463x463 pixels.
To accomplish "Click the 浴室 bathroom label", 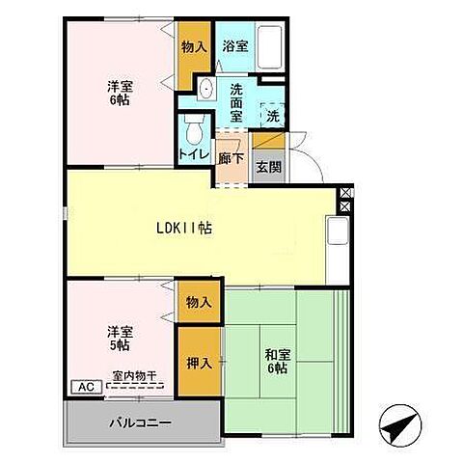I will (233, 45).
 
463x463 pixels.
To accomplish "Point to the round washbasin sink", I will (205, 90).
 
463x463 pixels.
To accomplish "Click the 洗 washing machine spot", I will (273, 115).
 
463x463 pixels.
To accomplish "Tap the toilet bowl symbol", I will (192, 128).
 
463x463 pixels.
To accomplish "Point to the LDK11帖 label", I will (185, 229).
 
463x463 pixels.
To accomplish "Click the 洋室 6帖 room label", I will (121, 92).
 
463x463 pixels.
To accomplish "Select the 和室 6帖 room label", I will (276, 361).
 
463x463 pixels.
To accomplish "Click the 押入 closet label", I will (198, 364).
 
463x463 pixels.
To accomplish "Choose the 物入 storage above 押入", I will (198, 303).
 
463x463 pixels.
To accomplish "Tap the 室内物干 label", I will (136, 375).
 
